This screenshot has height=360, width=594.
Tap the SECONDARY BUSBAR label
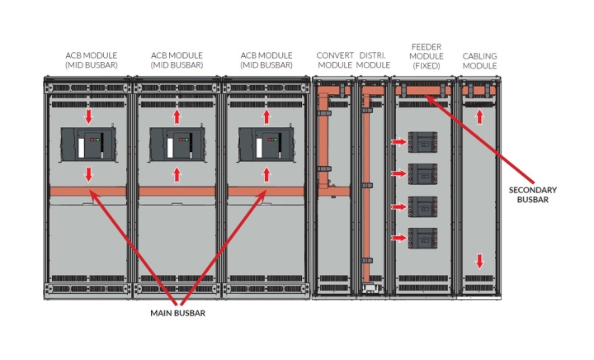[x=532, y=195]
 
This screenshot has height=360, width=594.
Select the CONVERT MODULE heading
[x=335, y=60]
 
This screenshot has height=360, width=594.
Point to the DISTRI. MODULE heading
[x=374, y=60]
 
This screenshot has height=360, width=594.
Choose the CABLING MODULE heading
[x=479, y=60]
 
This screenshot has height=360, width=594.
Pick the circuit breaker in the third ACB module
[x=265, y=144]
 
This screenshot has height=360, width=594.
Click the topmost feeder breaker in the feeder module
[x=423, y=143]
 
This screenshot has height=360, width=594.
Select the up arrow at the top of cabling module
[x=479, y=117]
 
